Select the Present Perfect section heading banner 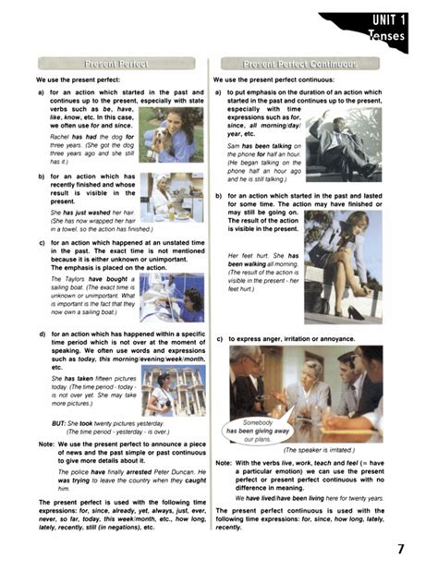pos(117,64)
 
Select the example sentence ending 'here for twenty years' pos(300,498)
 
